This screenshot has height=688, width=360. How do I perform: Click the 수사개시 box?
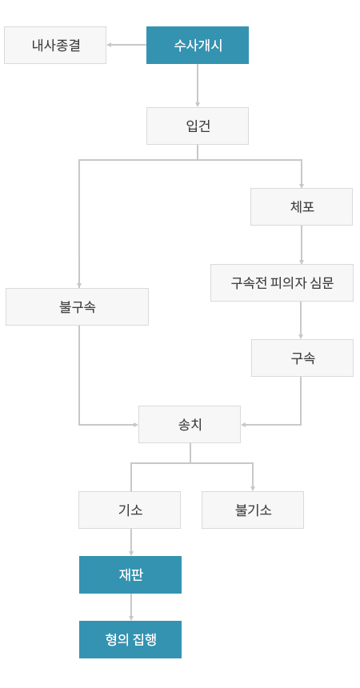tap(198, 45)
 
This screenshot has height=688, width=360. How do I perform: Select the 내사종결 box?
tap(55, 45)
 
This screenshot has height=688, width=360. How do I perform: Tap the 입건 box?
tap(198, 126)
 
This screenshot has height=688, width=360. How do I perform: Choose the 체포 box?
tap(302, 206)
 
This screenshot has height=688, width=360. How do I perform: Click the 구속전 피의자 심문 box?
tap(282, 282)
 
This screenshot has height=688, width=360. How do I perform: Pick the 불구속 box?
tap(78, 306)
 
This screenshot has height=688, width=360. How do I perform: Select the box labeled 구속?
tap(302, 358)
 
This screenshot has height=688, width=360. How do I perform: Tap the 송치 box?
tap(190, 424)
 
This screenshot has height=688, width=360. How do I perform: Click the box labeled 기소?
tap(130, 510)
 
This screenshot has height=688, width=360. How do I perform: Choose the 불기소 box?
tap(253, 510)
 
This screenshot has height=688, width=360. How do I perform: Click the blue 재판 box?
tap(130, 574)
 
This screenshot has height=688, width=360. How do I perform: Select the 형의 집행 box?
tap(130, 639)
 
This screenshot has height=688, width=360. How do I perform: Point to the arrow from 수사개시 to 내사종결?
tap(126, 45)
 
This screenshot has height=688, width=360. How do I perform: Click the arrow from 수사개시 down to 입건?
tap(198, 86)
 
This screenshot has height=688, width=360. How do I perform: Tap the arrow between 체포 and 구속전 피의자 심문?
tap(302, 244)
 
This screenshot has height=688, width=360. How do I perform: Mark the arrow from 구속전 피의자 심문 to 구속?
tap(301, 320)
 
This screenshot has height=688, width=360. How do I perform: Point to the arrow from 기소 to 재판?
tap(131, 542)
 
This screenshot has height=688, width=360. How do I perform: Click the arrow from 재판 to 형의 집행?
tap(131, 607)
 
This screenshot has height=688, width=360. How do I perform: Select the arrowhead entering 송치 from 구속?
tap(244, 425)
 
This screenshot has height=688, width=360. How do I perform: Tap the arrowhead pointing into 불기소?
tap(253, 488)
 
